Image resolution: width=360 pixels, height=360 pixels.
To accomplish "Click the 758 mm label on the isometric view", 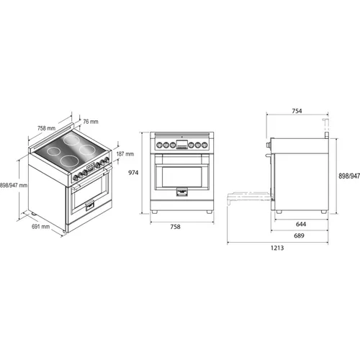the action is point(46,128).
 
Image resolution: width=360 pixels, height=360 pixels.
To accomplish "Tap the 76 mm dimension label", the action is point(91,122).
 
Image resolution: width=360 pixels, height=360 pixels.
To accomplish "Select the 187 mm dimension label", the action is point(125,154).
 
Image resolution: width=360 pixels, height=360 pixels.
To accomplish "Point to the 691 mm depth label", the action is point(41,226).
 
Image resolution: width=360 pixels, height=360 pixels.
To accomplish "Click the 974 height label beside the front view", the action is point(133,173).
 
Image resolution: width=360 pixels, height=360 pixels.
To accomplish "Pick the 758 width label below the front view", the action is point(175,227).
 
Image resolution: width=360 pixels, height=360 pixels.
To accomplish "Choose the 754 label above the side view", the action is point(297,111).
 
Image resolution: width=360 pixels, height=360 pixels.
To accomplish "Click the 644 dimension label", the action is point(301,224).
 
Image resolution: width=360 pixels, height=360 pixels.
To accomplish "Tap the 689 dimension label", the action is point(299,235).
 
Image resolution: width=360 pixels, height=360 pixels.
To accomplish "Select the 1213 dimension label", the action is point(277,248).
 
